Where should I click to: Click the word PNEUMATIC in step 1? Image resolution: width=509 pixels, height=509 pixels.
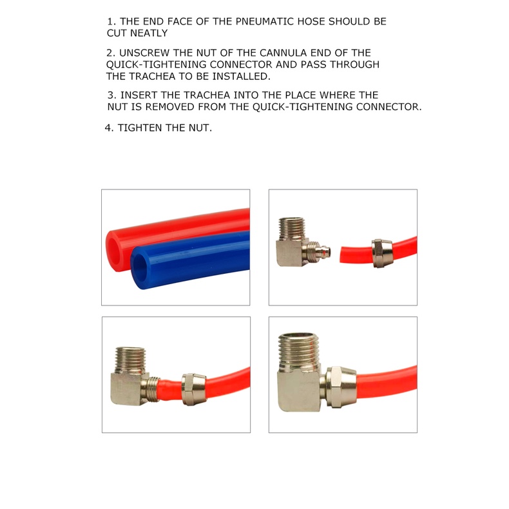click(264, 21)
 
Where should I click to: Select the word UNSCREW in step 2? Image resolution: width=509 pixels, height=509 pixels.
click(144, 53)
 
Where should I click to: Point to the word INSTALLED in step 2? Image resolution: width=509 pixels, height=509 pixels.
click(241, 76)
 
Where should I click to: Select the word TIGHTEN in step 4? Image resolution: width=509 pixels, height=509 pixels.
click(140, 128)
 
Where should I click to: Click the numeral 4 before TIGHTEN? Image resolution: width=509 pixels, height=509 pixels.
click(108, 128)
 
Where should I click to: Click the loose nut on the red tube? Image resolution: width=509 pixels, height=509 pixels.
click(381, 253)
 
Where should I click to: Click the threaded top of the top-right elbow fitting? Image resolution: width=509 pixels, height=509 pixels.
click(292, 229)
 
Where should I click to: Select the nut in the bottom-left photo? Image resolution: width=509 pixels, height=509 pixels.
click(194, 389)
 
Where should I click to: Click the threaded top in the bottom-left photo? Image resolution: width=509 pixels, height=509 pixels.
click(130, 360)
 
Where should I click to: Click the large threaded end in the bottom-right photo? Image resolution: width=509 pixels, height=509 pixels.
click(300, 351)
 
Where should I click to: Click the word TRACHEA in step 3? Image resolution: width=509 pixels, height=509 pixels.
click(205, 95)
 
